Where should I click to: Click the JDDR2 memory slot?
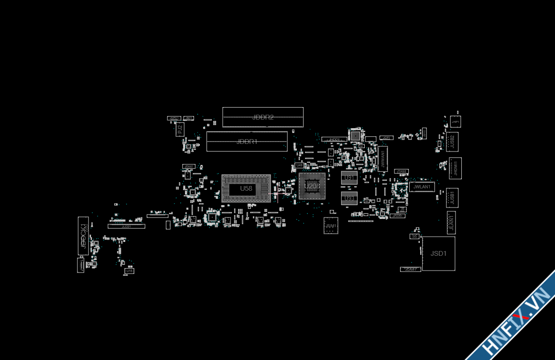pyautogui.click(x=262, y=117)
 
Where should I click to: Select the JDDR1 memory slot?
pyautogui.click(x=247, y=142)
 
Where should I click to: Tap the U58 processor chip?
pyautogui.click(x=246, y=188)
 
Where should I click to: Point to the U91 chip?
pyautogui.click(x=349, y=178)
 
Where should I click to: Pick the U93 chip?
pyautogui.click(x=349, y=198)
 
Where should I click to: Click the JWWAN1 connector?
pyautogui.click(x=382, y=159)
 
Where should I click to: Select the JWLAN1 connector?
pyautogui.click(x=422, y=186)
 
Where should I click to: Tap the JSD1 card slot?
pyautogui.click(x=438, y=253)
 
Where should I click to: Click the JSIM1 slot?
pyautogui.click(x=331, y=225)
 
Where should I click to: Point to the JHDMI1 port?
pyautogui.click(x=455, y=168)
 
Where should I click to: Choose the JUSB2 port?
pyautogui.click(x=452, y=142)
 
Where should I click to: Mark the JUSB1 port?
pyautogui.click(x=452, y=197)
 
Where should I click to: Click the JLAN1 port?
pyautogui.click(x=451, y=223)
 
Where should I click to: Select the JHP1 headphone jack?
pyautogui.click(x=455, y=123)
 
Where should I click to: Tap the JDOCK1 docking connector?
pyautogui.click(x=83, y=235)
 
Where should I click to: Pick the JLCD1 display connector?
pyautogui.click(x=126, y=226)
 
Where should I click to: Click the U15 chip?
pyautogui.click(x=128, y=271)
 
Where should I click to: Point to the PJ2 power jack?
pyautogui.click(x=180, y=129)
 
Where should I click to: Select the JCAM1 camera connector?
pyautogui.click(x=410, y=269)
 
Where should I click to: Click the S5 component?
pyautogui.click(x=414, y=236)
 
